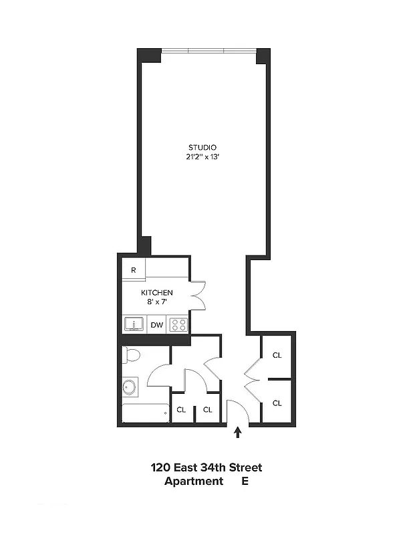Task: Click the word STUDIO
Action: pyautogui.click(x=202, y=147)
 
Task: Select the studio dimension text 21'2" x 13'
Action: pyautogui.click(x=202, y=158)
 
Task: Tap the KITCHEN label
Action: pyautogui.click(x=157, y=293)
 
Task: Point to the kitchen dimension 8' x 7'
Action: pyautogui.click(x=157, y=302)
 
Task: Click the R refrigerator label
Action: pyautogui.click(x=134, y=270)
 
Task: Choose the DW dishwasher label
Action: pyautogui.click(x=157, y=325)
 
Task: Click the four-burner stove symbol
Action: pyautogui.click(x=178, y=325)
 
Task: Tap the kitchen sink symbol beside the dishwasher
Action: pyautogui.click(x=134, y=325)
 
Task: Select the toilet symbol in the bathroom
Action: pyautogui.click(x=131, y=354)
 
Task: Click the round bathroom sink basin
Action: pyautogui.click(x=130, y=388)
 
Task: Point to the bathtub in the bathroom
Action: pyautogui.click(x=144, y=413)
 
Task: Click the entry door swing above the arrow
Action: pyautogui.click(x=237, y=411)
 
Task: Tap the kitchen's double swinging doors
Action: pyautogui.click(x=198, y=294)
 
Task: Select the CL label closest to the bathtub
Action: pyautogui.click(x=180, y=410)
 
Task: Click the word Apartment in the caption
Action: pyautogui.click(x=194, y=481)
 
